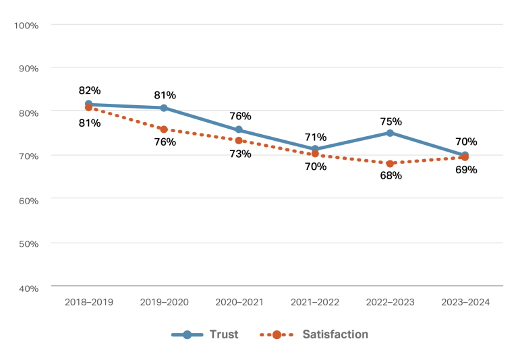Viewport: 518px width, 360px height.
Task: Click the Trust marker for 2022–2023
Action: click(x=390, y=133)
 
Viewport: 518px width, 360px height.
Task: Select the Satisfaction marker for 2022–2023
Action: click(x=390, y=164)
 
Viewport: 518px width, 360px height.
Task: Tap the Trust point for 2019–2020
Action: click(x=164, y=108)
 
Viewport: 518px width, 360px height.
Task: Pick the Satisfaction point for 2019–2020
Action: click(x=164, y=129)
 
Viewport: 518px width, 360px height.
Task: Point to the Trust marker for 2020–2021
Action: click(x=239, y=129)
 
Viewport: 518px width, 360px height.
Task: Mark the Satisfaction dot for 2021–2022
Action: click(x=314, y=154)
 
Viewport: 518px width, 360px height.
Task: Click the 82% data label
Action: click(x=90, y=90)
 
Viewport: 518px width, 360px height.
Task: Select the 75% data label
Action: click(x=391, y=121)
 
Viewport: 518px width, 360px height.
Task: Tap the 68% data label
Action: click(x=391, y=176)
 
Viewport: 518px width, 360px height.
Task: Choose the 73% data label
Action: click(x=240, y=154)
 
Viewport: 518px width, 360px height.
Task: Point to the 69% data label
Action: click(x=466, y=170)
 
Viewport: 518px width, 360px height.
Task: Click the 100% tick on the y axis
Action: click(x=26, y=25)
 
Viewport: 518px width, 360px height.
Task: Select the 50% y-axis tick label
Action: click(x=28, y=243)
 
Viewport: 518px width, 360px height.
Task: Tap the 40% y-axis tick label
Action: click(x=28, y=288)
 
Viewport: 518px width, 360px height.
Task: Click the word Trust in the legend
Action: click(x=223, y=334)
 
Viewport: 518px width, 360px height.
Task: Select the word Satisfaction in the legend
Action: click(x=335, y=334)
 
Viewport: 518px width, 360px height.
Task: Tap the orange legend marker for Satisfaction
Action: click(x=277, y=334)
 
